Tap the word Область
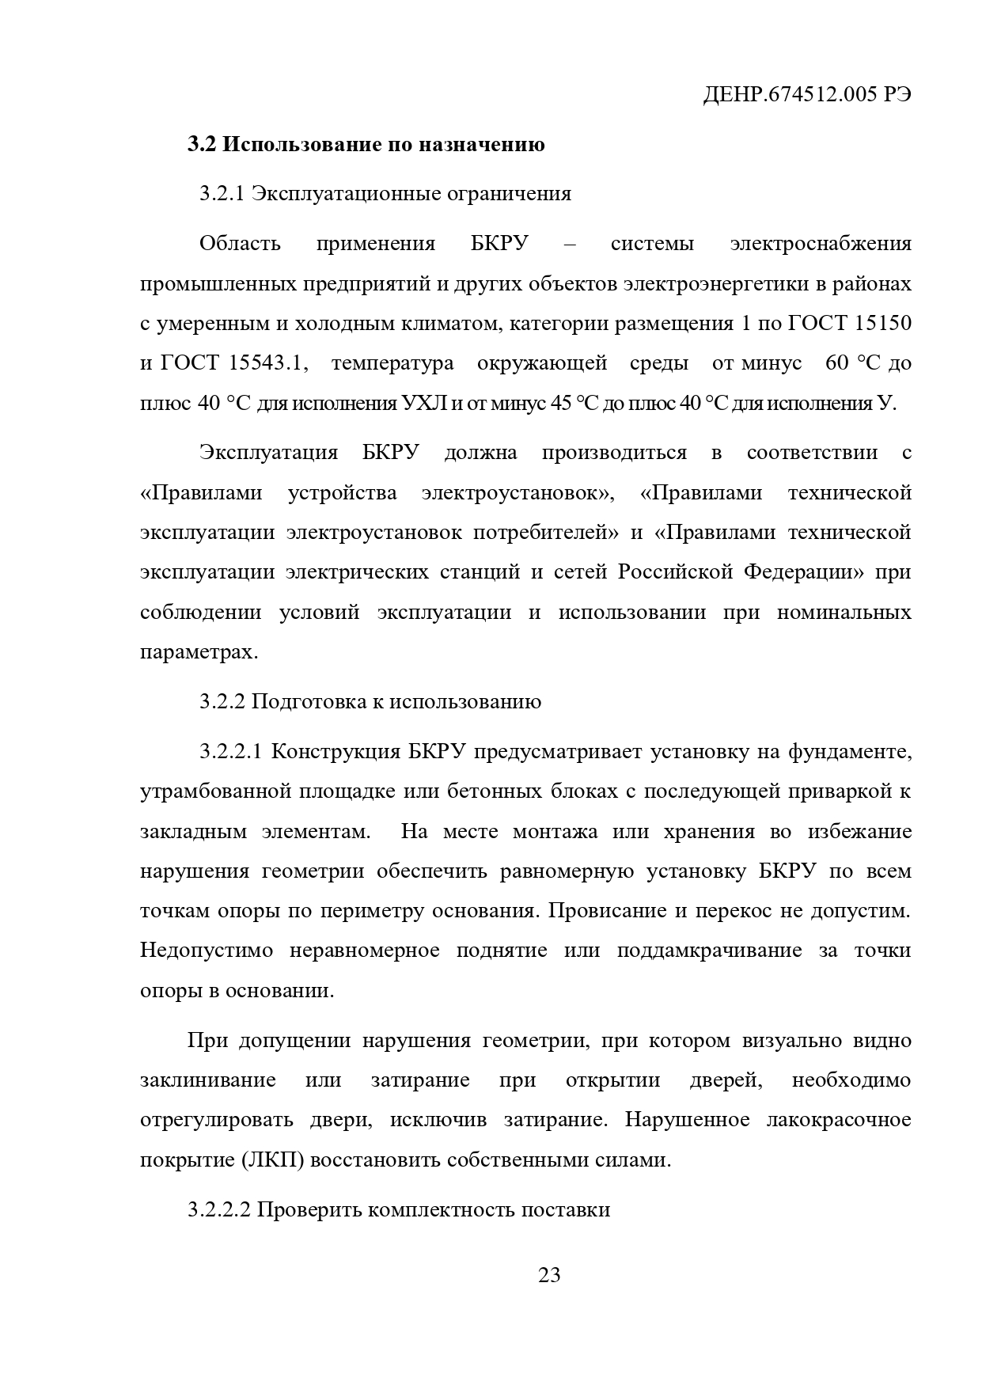coord(240,243)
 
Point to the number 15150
coord(883,324)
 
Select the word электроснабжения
coord(821,243)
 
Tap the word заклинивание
coord(208,1080)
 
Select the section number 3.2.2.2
coord(220,1210)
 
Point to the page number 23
coord(549,1275)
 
